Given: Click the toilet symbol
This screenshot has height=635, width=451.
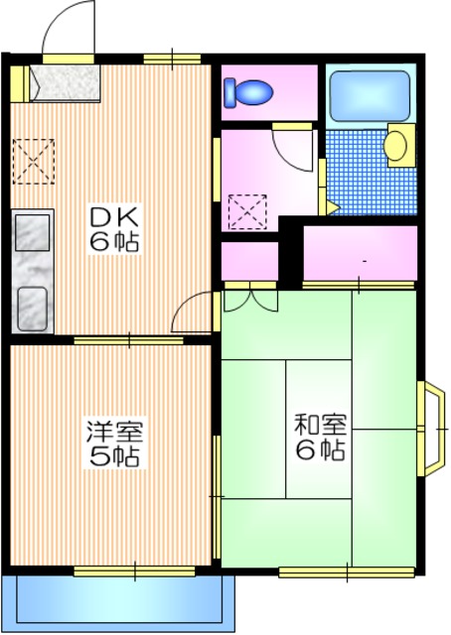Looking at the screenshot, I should pos(248,93).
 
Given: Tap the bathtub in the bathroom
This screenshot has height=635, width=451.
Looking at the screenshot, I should pos(370,96).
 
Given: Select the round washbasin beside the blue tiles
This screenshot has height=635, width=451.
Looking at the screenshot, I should pos(396,146).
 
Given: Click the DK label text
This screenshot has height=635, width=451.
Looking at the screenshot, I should pos(117,216).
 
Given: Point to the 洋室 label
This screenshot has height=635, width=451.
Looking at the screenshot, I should pos(114,433).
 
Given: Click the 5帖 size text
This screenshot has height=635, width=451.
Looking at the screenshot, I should pos(114,457).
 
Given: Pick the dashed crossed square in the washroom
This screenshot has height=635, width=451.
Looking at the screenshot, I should pos(246,210).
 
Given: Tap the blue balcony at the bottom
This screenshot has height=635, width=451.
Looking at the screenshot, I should pos(119,601).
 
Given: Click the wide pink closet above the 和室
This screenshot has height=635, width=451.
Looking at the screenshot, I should pos(360,254).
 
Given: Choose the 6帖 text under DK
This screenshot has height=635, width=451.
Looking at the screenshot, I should pos(117,241).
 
